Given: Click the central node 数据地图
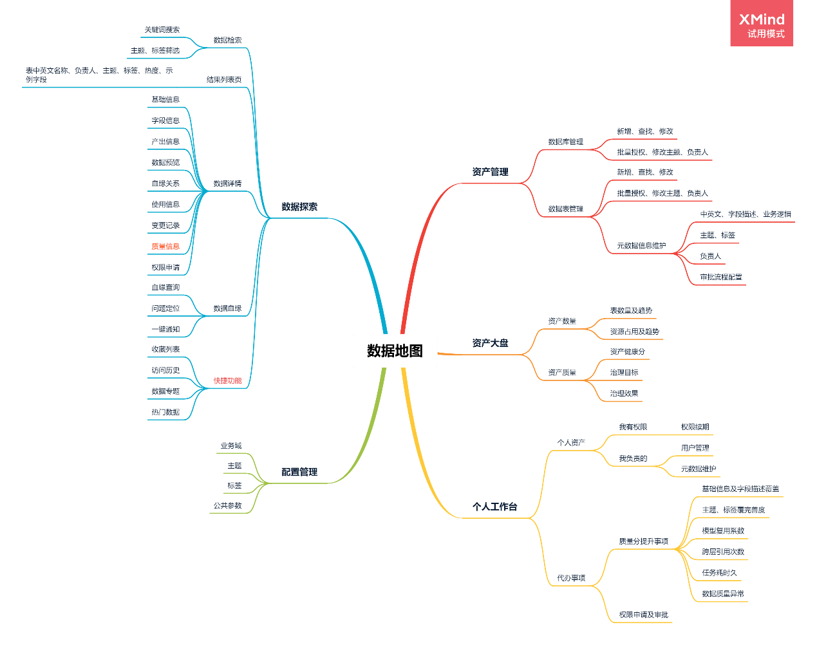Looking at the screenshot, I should click(x=395, y=351).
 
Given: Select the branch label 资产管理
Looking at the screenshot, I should click(x=490, y=172).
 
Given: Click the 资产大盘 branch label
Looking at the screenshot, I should click(x=490, y=343).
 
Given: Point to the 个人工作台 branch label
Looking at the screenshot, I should click(x=494, y=507).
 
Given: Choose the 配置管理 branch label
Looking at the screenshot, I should click(x=299, y=472).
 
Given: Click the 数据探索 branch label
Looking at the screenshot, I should click(x=299, y=207).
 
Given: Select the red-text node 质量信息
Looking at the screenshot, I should click(x=165, y=247).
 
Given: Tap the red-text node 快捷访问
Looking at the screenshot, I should click(x=227, y=380).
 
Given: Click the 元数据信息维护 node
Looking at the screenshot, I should click(x=641, y=246).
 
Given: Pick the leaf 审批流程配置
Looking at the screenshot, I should click(x=721, y=277).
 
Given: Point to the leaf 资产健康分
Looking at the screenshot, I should click(x=628, y=351).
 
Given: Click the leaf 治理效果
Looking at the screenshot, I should click(x=624, y=393).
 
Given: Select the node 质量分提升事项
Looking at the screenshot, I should click(x=644, y=541).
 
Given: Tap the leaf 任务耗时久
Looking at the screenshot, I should click(x=719, y=572).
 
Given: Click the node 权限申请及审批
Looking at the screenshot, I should click(x=644, y=615).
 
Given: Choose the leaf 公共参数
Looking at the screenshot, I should click(x=228, y=506).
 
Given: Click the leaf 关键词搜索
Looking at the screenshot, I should click(x=162, y=30).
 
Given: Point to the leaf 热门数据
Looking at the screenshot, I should click(x=165, y=412).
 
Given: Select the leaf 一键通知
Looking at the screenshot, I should click(x=165, y=330).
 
